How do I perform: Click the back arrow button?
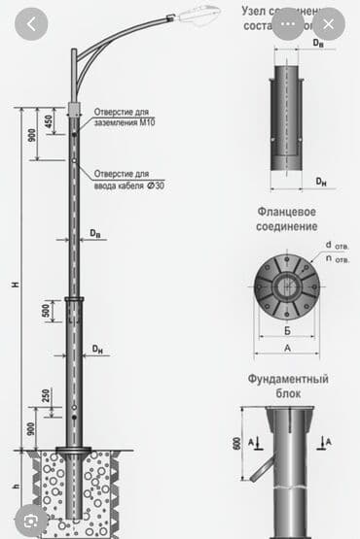tap(32, 25)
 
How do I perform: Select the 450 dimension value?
tap(49, 121)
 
